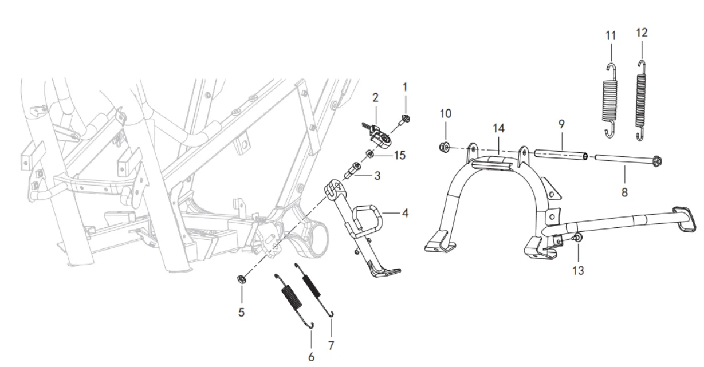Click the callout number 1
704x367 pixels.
pyautogui.click(x=405, y=88)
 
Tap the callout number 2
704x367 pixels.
pyautogui.click(x=375, y=98)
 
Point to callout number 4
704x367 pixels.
pyautogui.click(x=405, y=214)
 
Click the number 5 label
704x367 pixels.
pyautogui.click(x=241, y=313)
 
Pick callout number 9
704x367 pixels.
pyautogui.click(x=561, y=123)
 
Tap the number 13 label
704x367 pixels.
pyautogui.click(x=579, y=270)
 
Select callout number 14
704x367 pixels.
pyautogui.click(x=499, y=129)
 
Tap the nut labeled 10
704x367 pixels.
pyautogui.click(x=445, y=148)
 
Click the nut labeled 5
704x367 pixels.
pyautogui.click(x=242, y=279)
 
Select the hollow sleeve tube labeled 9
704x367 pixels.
pyautogui.click(x=561, y=155)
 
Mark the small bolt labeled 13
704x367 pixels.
pyautogui.click(x=577, y=238)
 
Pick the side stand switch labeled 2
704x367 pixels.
pyautogui.click(x=377, y=135)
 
